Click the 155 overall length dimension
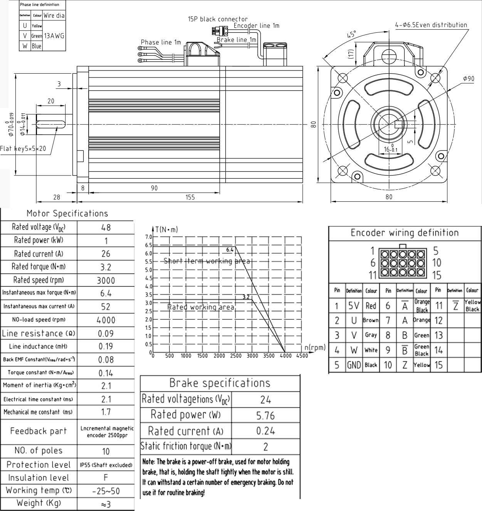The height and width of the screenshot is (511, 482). click(190, 197)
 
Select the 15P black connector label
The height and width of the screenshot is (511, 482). click(218, 19)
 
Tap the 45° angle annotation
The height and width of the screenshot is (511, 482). click(351, 34)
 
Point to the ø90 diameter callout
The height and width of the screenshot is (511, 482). click(469, 78)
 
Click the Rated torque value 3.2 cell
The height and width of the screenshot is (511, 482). click(106, 267)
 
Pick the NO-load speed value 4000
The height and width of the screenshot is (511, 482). click(106, 320)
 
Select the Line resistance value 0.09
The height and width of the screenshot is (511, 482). click(106, 333)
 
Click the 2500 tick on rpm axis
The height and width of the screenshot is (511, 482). click(235, 356)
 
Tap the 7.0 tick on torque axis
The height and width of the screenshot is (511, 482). click(148, 236)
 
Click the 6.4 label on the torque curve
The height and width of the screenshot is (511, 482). click(230, 250)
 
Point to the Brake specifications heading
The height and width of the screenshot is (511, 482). click(220, 383)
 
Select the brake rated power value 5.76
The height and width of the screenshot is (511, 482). click(265, 415)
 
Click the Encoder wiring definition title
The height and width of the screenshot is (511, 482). click(405, 233)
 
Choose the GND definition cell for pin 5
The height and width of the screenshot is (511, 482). click(354, 365)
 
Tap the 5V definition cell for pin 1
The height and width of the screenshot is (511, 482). click(354, 306)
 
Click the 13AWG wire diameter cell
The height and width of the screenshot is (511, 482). click(54, 36)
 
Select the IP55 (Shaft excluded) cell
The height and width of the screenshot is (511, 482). click(106, 465)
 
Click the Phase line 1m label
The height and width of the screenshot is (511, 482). click(161, 42)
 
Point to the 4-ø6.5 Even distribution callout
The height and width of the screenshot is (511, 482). click(431, 25)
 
